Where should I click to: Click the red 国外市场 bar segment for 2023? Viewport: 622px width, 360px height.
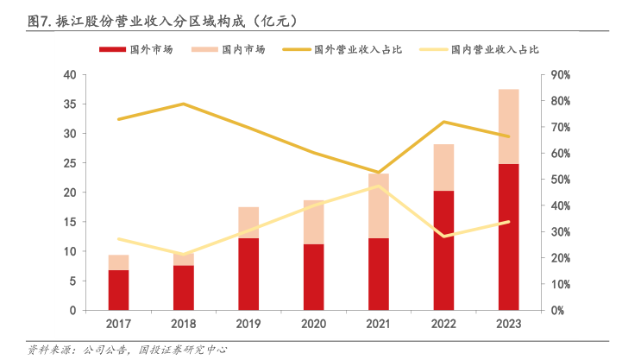click(x=508, y=237)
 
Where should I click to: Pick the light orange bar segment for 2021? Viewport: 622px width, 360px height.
click(x=379, y=205)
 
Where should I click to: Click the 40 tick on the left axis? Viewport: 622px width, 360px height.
click(x=70, y=75)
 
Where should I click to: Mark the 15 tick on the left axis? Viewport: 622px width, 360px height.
click(x=70, y=222)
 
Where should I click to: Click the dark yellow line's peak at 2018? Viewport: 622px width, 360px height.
click(x=184, y=104)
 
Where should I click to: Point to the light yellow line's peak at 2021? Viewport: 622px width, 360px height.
click(x=379, y=186)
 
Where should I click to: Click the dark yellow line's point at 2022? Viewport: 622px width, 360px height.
click(x=443, y=122)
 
